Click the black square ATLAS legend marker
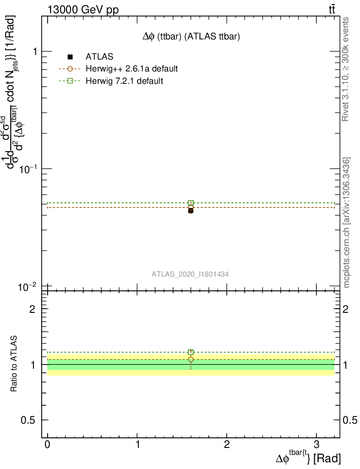[x=70, y=57]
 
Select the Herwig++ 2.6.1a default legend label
[x=131, y=69]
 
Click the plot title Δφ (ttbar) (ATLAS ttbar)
[x=191, y=37]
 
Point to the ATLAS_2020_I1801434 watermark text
[x=191, y=274]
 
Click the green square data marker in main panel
[x=191, y=203]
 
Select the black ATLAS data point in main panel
[x=191, y=211]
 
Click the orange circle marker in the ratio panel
[x=191, y=360]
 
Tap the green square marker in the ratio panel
[x=191, y=352]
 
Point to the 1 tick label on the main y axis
[x=33, y=51]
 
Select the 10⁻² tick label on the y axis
[x=29, y=287]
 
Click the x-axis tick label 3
[x=316, y=445]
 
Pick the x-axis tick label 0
[x=48, y=445]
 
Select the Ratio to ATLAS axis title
[x=14, y=364]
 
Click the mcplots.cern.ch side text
[x=347, y=223]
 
